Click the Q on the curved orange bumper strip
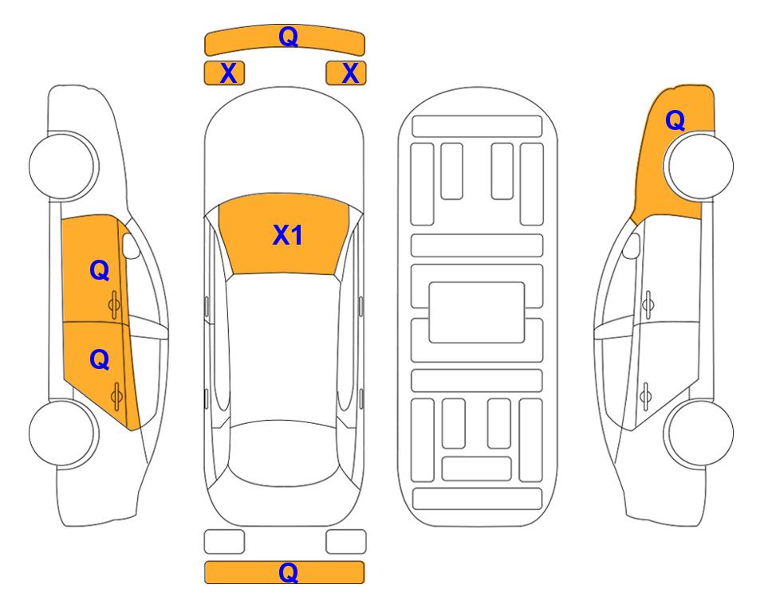click(x=288, y=37)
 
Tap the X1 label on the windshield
click(x=288, y=235)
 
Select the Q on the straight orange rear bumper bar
click(x=288, y=572)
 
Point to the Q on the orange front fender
click(x=675, y=120)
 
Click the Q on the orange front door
click(x=99, y=270)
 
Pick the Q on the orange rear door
click(x=99, y=360)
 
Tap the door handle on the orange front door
click(x=115, y=304)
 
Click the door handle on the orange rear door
click(x=116, y=396)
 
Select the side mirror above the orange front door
click(x=131, y=245)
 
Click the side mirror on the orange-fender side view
click(x=632, y=245)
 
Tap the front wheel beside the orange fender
click(x=699, y=166)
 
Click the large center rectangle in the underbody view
click(x=477, y=312)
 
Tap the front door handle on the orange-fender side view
click(x=648, y=304)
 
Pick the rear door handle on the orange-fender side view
click(x=645, y=396)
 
